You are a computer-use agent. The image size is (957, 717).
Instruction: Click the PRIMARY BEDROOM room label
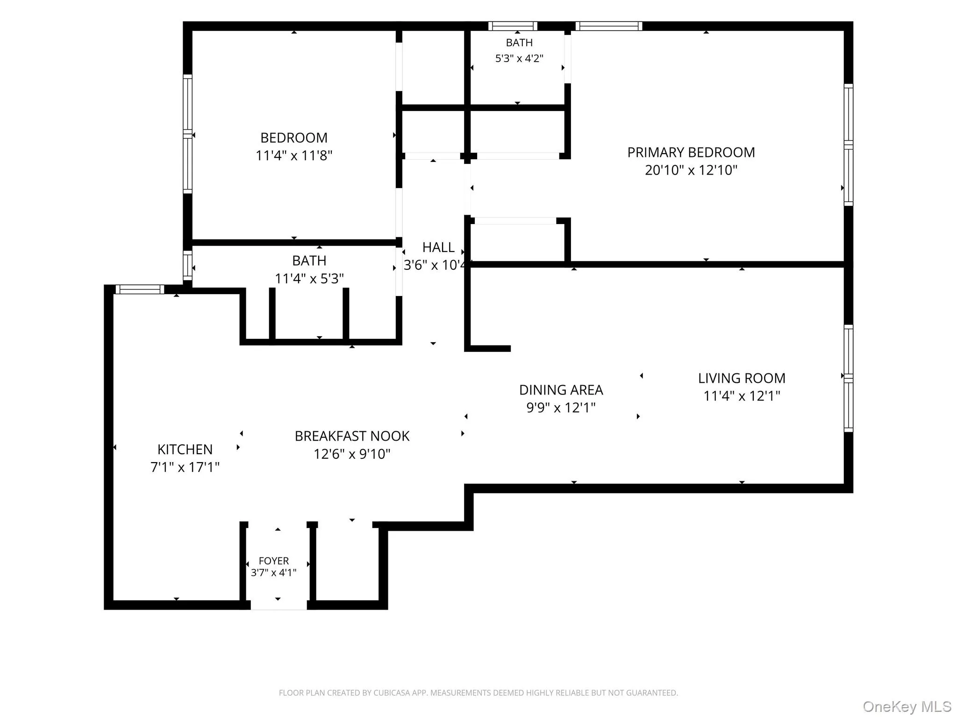point(691,153)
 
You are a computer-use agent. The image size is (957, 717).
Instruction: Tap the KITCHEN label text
point(185,450)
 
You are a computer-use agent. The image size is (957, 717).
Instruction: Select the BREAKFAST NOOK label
point(352,436)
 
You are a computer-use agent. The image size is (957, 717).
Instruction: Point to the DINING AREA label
point(561,390)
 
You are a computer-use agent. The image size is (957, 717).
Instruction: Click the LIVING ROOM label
point(742,378)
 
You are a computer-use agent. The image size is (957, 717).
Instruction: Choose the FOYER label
point(274,561)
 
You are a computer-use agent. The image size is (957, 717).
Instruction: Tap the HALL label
point(438,247)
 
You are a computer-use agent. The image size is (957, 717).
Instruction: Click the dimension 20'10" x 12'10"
point(691,170)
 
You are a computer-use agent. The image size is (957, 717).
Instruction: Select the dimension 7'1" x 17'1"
point(185,467)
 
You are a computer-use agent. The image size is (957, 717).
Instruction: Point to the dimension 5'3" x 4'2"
point(519,58)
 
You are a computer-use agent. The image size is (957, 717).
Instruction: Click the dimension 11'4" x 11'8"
point(294,155)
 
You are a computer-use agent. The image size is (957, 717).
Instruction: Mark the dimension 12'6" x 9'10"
point(352,454)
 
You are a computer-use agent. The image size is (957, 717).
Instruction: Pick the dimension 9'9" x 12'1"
point(561,408)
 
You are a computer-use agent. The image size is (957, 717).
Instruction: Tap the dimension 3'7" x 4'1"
point(274,573)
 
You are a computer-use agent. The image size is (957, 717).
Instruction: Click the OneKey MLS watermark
point(907,707)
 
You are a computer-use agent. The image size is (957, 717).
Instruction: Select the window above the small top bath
point(513,26)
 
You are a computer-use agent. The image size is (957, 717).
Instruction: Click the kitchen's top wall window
point(140,289)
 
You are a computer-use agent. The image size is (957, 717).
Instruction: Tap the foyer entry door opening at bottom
point(279,605)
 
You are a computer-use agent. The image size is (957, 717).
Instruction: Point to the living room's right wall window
point(849,379)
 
